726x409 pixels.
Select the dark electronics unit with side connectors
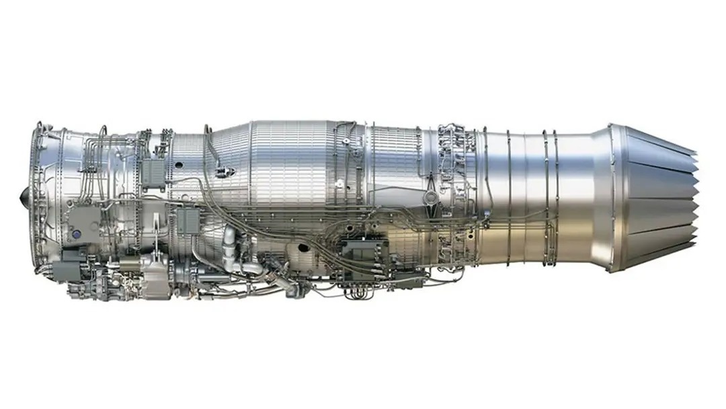pyautogui.click(x=363, y=252)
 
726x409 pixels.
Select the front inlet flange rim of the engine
pyautogui.click(x=36, y=195)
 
